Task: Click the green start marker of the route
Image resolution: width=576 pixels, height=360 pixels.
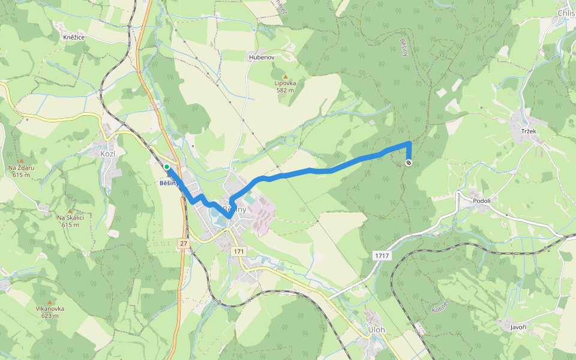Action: tap(166, 167)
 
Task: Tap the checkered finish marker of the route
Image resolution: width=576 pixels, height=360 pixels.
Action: tap(409, 163)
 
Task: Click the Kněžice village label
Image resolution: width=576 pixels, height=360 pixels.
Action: tap(74, 37)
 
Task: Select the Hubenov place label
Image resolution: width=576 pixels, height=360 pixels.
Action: tap(262, 57)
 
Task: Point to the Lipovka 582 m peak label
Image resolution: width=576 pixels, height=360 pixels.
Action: tap(285, 86)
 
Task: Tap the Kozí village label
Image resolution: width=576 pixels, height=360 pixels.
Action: tap(108, 154)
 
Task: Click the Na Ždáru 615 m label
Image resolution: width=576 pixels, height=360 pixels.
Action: tap(21, 171)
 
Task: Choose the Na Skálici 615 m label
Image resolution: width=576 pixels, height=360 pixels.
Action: tap(70, 221)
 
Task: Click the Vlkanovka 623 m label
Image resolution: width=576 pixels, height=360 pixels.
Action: tap(50, 312)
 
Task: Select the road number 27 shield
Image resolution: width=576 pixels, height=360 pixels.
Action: tap(183, 243)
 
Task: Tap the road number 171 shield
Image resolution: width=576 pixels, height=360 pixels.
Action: tap(240, 250)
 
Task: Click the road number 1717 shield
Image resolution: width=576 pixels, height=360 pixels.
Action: tap(383, 256)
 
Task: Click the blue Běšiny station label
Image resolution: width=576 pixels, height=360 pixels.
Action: tap(169, 183)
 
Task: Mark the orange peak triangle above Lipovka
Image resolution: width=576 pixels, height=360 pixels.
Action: tap(286, 76)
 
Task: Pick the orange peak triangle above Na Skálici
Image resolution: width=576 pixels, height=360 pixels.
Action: tap(70, 211)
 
